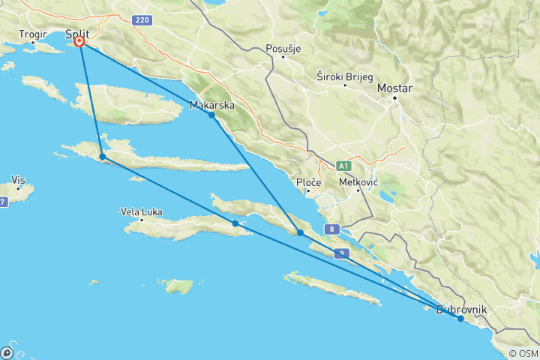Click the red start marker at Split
coord(79,42)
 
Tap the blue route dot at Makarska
coord(212,115)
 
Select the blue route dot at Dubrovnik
coord(460,319)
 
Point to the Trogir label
coord(34,34)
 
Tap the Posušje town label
coord(283,49)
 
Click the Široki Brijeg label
coord(343,76)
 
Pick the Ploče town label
coord(309,183)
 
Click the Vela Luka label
coord(141,212)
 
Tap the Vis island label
coord(19,180)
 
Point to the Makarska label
coord(212,105)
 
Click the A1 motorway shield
coord(344,165)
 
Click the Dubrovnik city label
coord(461,309)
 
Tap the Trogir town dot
coord(33,43)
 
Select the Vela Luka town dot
coord(141,221)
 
